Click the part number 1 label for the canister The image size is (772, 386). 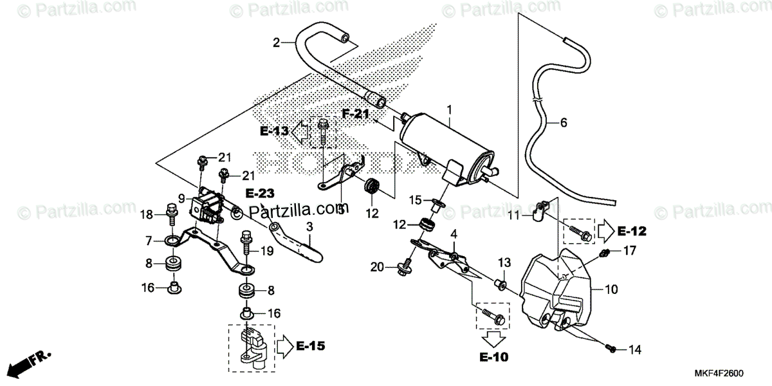point(450,110)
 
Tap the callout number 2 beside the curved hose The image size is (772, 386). point(277,43)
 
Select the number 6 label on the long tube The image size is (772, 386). point(564,123)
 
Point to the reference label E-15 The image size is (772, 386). point(310,346)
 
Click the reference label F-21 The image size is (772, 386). point(356,115)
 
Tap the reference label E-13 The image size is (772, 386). point(275,131)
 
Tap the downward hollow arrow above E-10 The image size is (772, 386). point(492,338)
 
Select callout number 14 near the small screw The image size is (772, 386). point(634,351)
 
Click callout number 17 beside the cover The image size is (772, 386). point(629,251)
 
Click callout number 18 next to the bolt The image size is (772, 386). point(147,215)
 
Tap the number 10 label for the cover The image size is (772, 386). point(611,289)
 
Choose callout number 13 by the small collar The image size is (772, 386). point(503,262)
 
